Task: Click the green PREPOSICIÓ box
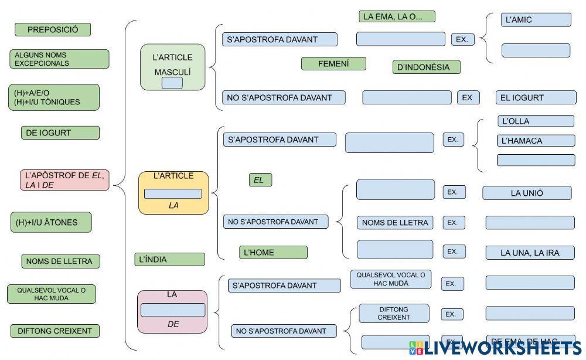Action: tap(53, 29)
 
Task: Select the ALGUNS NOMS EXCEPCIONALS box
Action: tap(59, 59)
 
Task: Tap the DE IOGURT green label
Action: tap(60, 133)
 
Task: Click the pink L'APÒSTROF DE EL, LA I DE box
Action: tap(64, 179)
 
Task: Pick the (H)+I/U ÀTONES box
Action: tap(51, 222)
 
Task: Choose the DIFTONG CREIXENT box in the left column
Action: tap(55, 331)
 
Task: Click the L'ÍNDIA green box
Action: tap(169, 259)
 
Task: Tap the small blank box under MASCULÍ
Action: tap(172, 83)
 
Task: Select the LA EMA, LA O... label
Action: tap(397, 16)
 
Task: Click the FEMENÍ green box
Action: tap(333, 63)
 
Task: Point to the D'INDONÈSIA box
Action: tap(426, 67)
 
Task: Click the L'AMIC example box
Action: tap(536, 20)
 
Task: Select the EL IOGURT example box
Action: tap(536, 97)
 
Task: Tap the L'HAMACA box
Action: tap(536, 141)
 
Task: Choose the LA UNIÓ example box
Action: tap(527, 193)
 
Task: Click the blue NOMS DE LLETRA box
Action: tap(396, 222)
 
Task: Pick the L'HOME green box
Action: tap(273, 252)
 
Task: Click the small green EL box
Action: tap(260, 180)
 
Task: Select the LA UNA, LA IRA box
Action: tap(530, 253)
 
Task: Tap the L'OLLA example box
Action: tap(536, 121)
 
